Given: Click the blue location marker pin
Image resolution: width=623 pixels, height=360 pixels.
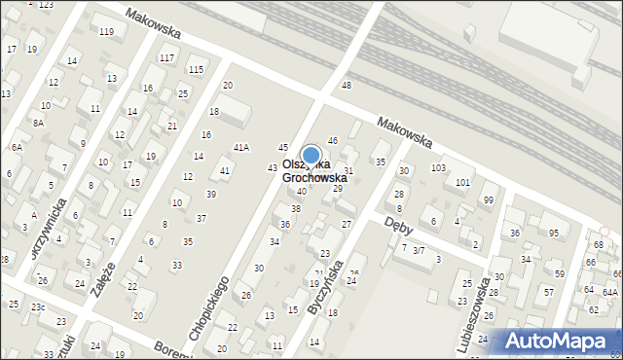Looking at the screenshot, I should click(x=311, y=156).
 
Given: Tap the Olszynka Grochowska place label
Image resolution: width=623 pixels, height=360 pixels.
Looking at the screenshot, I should click(x=314, y=172).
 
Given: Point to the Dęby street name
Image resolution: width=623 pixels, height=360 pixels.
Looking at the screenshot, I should click(x=399, y=225).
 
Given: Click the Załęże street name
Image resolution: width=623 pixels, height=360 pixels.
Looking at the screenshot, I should click(x=102, y=281).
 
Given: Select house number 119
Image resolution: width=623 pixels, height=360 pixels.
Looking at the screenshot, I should click(x=106, y=32).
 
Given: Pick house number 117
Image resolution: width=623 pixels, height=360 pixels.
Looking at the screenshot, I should click(x=166, y=58).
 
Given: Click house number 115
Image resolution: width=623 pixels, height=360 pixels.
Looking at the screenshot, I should click(x=196, y=69).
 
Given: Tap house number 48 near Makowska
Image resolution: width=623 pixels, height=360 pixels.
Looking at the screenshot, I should click(x=347, y=86).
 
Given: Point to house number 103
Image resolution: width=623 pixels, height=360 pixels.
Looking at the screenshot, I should click(x=438, y=168).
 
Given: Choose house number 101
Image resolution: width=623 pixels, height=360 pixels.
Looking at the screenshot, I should click(x=462, y=183).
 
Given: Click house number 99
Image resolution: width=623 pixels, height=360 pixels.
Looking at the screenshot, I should click(x=488, y=200).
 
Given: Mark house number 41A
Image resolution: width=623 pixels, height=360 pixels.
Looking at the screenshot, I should click(x=240, y=148).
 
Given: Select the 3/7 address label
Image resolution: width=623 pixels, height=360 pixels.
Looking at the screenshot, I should click(x=419, y=250).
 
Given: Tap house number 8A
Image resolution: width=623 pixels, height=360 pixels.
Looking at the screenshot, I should click(x=38, y=124).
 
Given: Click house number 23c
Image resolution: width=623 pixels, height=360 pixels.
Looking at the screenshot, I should click(x=37, y=306).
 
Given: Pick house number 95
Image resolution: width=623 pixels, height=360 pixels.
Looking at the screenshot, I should click(x=553, y=233).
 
